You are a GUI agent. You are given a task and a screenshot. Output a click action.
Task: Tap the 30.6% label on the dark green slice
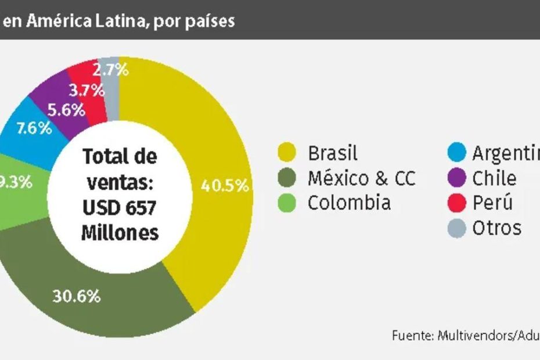click(x=77, y=296)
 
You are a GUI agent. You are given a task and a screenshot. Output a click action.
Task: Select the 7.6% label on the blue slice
click(x=34, y=129)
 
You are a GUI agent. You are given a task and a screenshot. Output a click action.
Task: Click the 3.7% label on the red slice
click(x=87, y=90)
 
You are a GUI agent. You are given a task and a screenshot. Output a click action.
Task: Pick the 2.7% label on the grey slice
click(x=110, y=70)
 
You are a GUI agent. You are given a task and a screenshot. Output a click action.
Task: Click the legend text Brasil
click(x=332, y=153)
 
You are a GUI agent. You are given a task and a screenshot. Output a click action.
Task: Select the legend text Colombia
click(x=348, y=203)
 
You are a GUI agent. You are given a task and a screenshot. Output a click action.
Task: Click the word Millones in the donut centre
click(x=120, y=232)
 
